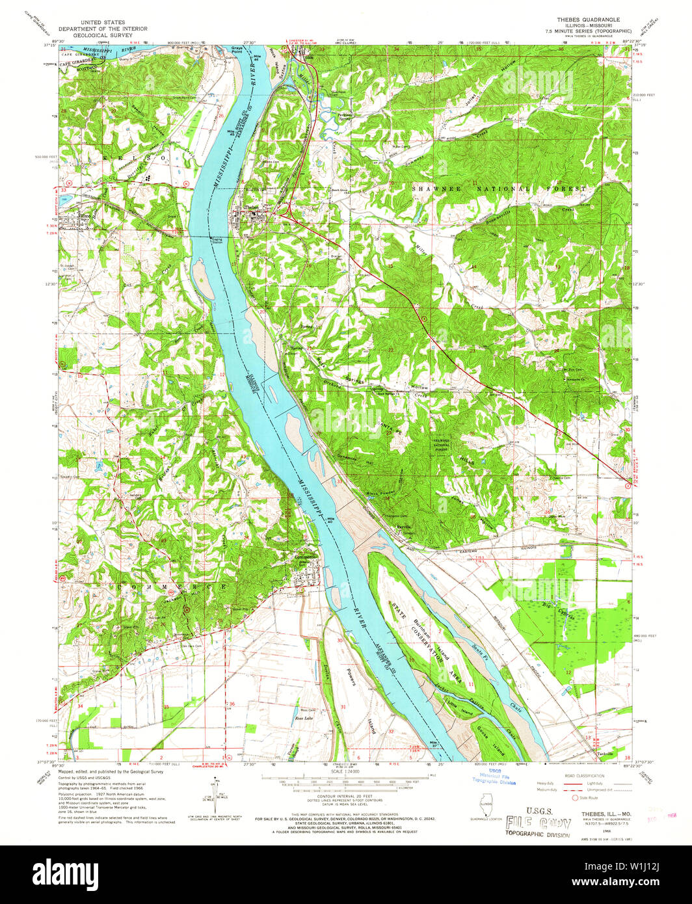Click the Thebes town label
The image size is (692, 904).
tap(250, 207)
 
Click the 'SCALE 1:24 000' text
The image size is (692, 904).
tap(345, 772)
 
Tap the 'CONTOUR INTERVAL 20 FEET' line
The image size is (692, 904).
tap(345, 795)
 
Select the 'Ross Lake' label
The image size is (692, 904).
tap(304, 718)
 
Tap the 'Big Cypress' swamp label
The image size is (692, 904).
tap(553, 609)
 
